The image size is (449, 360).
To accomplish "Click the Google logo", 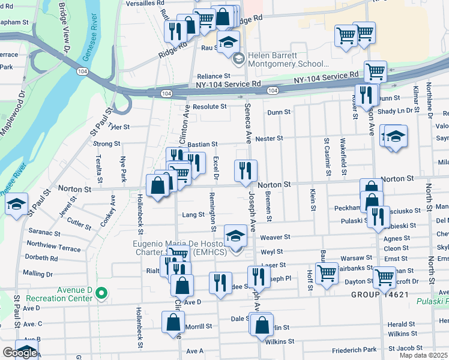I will (19, 353).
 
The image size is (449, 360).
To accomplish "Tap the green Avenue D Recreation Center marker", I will (101, 293).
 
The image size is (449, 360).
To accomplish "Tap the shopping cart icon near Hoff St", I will (327, 274).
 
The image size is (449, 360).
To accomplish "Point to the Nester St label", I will (269, 139).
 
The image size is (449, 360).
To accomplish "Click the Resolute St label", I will (205, 107).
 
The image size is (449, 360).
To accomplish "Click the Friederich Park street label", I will (356, 349).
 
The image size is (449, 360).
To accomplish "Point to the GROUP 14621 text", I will (380, 295).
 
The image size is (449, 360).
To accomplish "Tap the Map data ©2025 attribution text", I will (423, 355).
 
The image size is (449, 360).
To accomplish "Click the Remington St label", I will (212, 212).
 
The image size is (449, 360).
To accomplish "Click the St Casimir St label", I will (327, 157).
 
